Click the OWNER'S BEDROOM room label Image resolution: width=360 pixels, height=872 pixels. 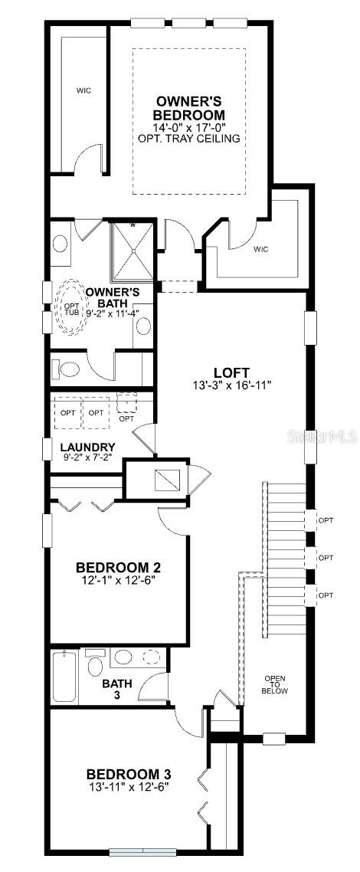pos(190,109)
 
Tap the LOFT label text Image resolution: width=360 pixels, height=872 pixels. pos(231,372)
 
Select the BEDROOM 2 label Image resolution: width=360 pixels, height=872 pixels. pos(118,568)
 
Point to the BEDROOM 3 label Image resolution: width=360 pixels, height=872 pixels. pos(129,774)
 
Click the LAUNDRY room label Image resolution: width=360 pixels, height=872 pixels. pos(88,447)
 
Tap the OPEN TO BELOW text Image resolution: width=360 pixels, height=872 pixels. pos(276,684)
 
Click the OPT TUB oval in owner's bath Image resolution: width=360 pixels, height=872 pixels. pos(70,307)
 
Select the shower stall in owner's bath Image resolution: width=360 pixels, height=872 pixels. pos(133,251)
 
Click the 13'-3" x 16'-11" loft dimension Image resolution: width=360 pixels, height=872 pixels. pos(231,385)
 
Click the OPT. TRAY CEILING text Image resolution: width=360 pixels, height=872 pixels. pos(189,139)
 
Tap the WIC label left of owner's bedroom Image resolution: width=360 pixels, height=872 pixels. pos(84,90)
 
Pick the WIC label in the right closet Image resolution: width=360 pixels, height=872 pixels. pos(261,249)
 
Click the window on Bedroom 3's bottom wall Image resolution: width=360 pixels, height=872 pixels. pos(142,851)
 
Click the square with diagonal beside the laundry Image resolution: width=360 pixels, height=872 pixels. pos(167,480)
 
